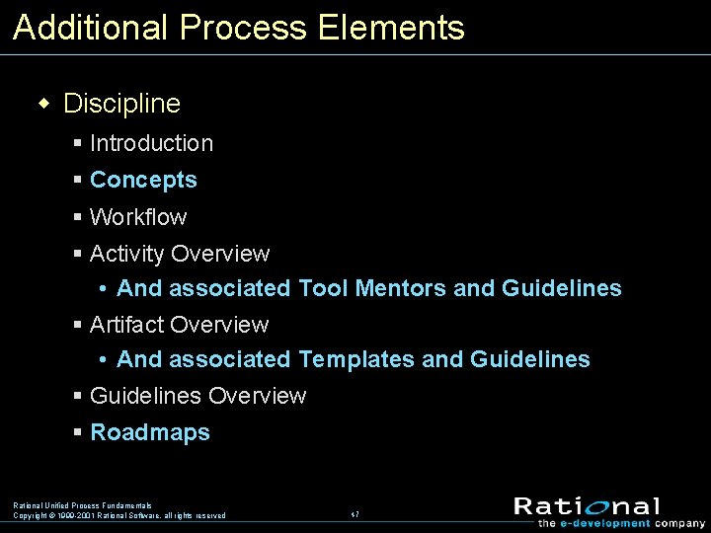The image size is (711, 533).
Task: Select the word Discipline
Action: pyautogui.click(x=121, y=104)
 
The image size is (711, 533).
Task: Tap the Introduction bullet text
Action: pyautogui.click(x=151, y=143)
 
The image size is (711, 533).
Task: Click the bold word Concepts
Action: pyautogui.click(x=143, y=180)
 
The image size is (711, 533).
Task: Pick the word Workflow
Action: pyautogui.click(x=138, y=217)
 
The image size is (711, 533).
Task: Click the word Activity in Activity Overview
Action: pyautogui.click(x=126, y=254)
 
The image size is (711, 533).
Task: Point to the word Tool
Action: pyautogui.click(x=323, y=288)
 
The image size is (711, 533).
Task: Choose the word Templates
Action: pyautogui.click(x=356, y=359)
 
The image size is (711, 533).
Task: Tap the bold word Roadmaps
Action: pyautogui.click(x=150, y=432)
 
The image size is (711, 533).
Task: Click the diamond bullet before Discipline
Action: pyautogui.click(x=42, y=104)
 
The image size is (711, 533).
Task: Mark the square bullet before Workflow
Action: pyautogui.click(x=78, y=217)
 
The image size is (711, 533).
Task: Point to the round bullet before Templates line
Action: pyautogui.click(x=104, y=359)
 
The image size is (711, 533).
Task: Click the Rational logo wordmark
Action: pyautogui.click(x=587, y=506)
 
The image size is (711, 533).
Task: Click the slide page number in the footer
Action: pyautogui.click(x=355, y=514)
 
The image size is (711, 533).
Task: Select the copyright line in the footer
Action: pyautogui.click(x=118, y=515)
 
